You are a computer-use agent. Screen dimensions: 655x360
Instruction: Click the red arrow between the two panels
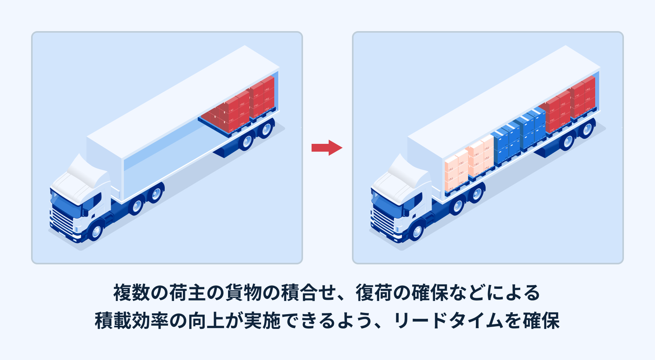327,147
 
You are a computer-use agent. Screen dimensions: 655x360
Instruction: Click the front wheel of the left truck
96,231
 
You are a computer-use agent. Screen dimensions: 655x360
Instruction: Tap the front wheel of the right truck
417,231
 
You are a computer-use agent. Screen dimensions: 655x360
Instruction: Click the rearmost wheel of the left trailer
266,128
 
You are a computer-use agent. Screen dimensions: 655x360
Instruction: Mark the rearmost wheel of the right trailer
587,128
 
